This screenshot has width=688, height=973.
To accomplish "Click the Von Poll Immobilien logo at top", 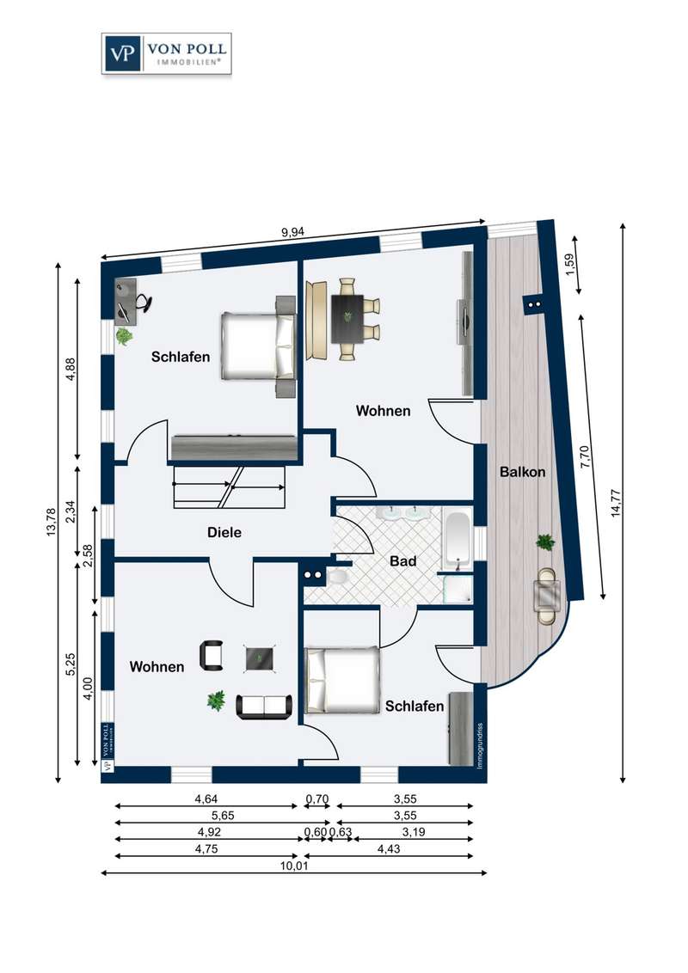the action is click(x=167, y=54).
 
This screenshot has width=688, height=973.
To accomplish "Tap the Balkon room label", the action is click(x=522, y=472).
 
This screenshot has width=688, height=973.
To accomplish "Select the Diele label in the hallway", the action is click(x=224, y=532).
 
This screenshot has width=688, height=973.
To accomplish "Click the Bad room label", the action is click(x=403, y=561).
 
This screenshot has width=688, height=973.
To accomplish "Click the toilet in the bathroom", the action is click(x=338, y=577).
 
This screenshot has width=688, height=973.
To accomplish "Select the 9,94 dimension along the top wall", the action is click(x=293, y=232).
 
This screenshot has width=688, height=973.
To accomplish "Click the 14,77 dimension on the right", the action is click(x=616, y=503).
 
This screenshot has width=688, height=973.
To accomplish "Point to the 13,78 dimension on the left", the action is click(x=52, y=521).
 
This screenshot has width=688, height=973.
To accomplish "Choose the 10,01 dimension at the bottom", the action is click(x=294, y=865).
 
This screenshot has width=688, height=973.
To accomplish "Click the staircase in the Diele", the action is click(x=229, y=486).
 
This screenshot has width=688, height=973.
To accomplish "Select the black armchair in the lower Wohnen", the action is click(x=212, y=655).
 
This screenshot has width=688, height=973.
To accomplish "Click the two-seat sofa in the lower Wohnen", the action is click(x=264, y=707).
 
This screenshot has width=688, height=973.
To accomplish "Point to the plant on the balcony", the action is click(x=546, y=542).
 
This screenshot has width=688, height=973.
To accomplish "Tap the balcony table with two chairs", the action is click(x=548, y=596).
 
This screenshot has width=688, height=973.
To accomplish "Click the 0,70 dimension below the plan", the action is click(x=316, y=799).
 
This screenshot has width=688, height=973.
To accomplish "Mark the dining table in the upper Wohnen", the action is click(x=347, y=319).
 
